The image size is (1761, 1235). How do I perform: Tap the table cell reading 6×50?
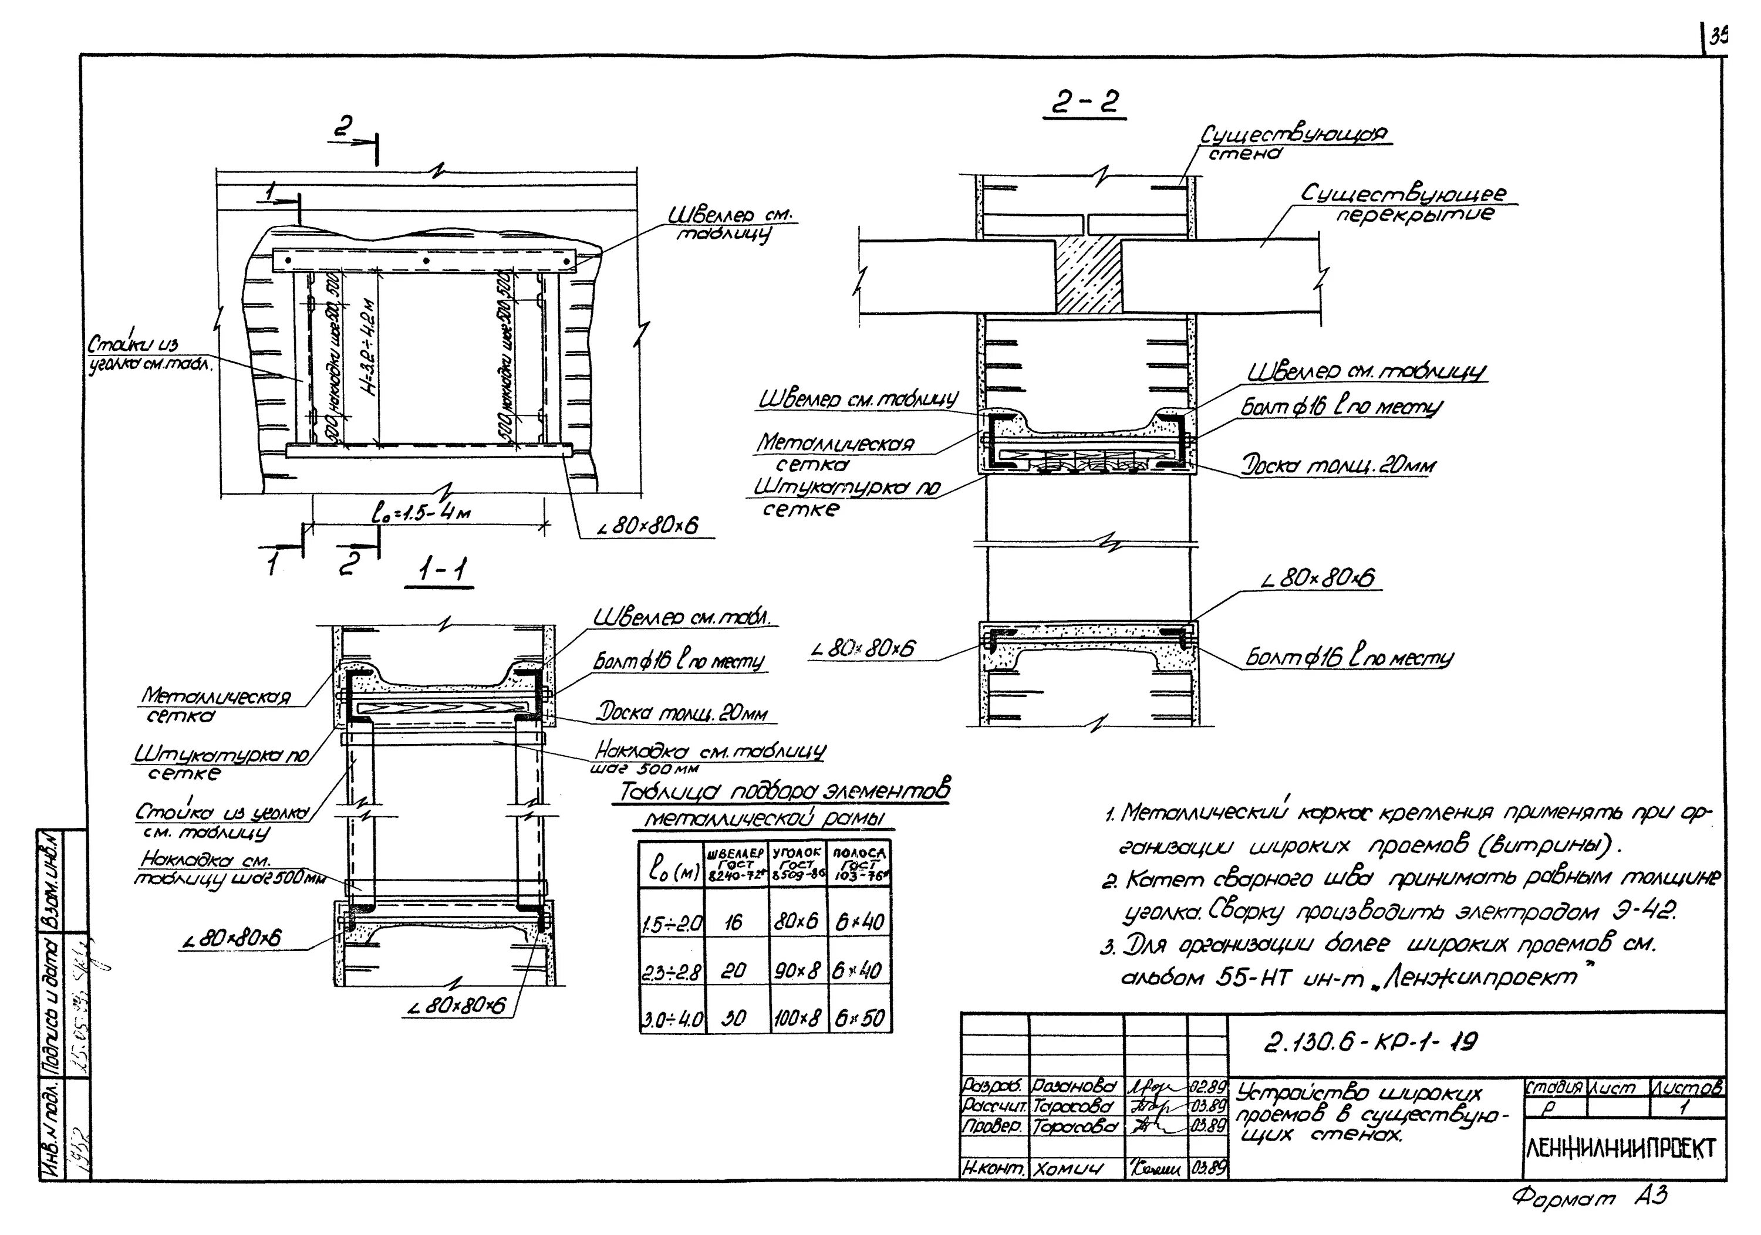(x=860, y=1018)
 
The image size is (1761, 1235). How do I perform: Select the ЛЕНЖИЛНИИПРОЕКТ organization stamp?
(x=1624, y=1149)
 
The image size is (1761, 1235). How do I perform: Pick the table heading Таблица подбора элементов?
(x=781, y=793)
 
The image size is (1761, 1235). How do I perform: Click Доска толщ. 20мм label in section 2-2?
(x=1337, y=465)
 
